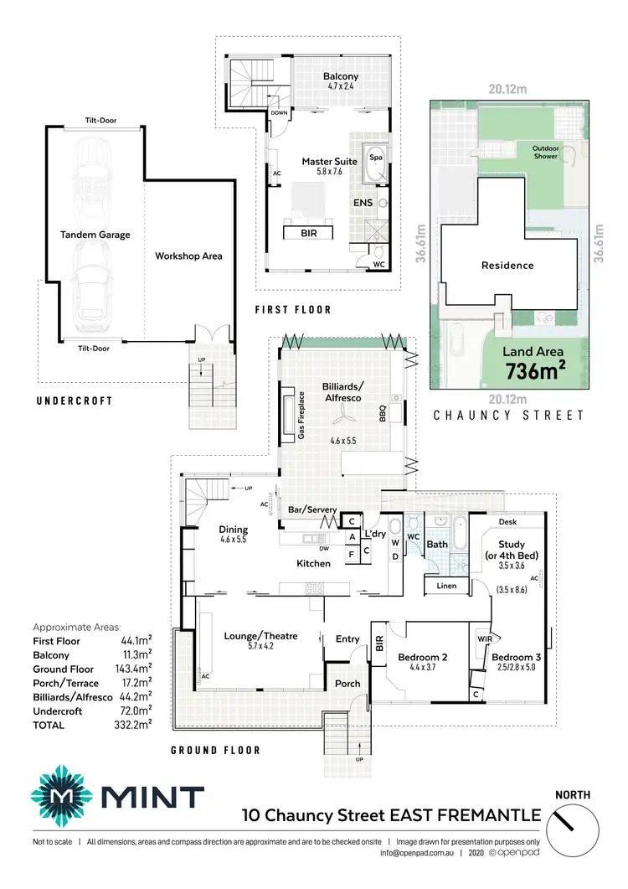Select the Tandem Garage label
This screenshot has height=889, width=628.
95,235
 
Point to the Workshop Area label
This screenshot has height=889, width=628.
188,256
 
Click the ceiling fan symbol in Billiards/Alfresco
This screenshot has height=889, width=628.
340,422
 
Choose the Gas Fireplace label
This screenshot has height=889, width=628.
300,415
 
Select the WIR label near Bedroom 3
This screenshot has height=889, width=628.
483,638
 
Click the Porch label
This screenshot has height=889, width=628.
347,683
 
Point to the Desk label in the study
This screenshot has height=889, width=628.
507,522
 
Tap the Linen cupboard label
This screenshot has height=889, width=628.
446,586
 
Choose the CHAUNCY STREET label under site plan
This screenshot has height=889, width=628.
508,415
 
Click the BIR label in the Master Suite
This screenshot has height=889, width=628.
309,233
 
